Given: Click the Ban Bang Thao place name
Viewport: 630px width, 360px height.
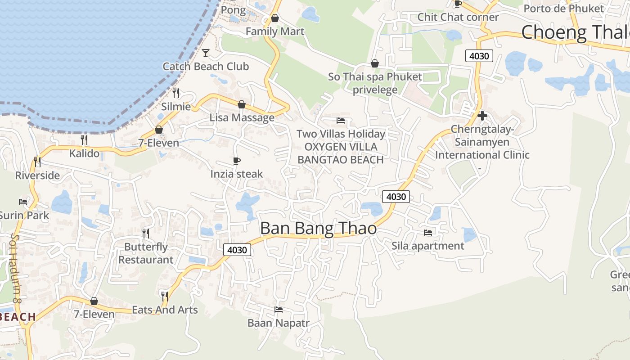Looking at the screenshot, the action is pos(318,228).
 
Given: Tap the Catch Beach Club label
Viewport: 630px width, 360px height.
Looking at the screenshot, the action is pos(206,67).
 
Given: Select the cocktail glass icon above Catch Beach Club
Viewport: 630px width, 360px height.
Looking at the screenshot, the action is pos(206,53).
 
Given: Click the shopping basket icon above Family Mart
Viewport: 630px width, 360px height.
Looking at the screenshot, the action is pos(274,18).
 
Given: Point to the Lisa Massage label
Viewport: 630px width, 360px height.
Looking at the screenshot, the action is pos(242,118).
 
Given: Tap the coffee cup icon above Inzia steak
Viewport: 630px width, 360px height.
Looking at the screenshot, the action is pos(237,161).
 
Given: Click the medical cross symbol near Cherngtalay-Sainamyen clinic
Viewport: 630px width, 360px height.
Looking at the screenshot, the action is pos(482,116).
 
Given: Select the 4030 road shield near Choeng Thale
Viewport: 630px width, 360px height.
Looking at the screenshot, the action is pos(479,56).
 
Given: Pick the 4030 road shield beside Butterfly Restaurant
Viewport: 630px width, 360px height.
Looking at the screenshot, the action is pos(237,250).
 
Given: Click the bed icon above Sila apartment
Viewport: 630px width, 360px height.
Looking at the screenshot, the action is pos(427,233).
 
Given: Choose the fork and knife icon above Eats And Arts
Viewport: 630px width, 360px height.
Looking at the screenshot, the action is pos(165,296).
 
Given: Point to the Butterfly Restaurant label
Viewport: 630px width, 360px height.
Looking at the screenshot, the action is pos(146,253).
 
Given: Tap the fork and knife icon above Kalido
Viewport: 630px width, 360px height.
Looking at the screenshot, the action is pos(84,140).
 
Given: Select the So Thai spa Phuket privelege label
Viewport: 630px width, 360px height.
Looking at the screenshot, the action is pos(375,83).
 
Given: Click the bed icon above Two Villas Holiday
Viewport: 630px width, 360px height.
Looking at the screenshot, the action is pos(341,121).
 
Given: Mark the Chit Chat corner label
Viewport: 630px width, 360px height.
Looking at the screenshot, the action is pos(458,17).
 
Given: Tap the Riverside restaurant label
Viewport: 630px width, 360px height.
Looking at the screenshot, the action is pos(37,175).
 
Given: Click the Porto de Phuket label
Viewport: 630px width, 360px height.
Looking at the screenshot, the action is pos(563,8).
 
